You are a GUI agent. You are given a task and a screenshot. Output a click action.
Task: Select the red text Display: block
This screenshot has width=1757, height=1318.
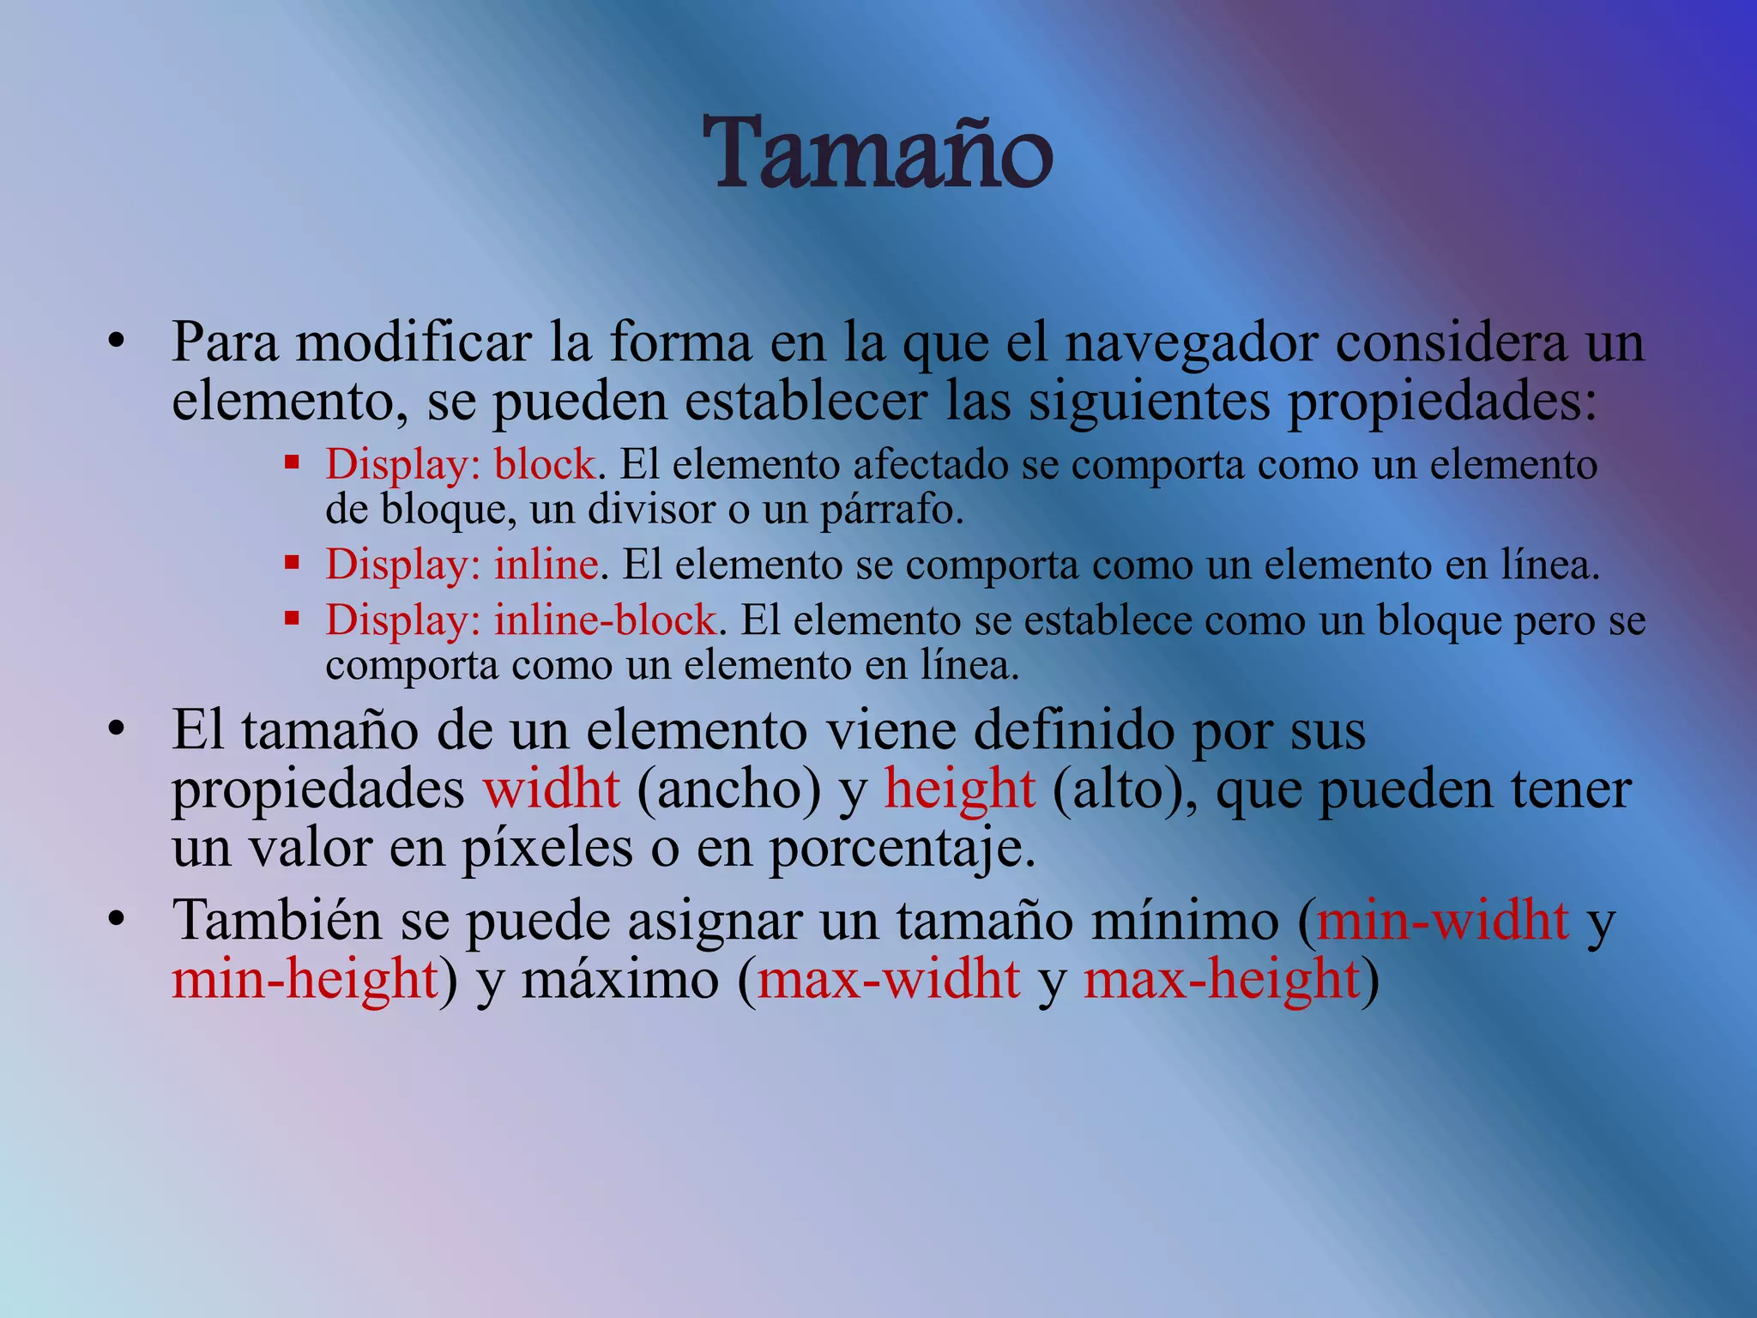461,465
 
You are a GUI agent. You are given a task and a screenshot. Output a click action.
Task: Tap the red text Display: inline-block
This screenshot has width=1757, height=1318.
521,620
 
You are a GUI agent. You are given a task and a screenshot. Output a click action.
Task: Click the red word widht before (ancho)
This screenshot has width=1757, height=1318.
552,789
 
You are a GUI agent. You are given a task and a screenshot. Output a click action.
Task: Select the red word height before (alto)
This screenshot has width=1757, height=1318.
959,789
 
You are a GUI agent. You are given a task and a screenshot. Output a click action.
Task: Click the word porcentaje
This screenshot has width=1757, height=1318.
902,848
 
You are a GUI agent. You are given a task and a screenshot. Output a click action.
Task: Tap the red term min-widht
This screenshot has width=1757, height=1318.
1443,921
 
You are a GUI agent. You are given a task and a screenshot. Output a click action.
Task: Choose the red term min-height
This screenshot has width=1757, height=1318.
305,979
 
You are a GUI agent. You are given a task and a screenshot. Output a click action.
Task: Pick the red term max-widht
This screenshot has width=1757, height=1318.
889,979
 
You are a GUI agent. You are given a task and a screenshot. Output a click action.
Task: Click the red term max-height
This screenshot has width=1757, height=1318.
1222,979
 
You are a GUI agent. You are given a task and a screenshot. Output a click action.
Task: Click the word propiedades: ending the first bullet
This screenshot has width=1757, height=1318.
1442,402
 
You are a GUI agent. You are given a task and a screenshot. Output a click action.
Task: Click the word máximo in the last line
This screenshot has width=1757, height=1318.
619,979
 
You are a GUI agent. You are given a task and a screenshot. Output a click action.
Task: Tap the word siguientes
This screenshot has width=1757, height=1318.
1149,402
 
